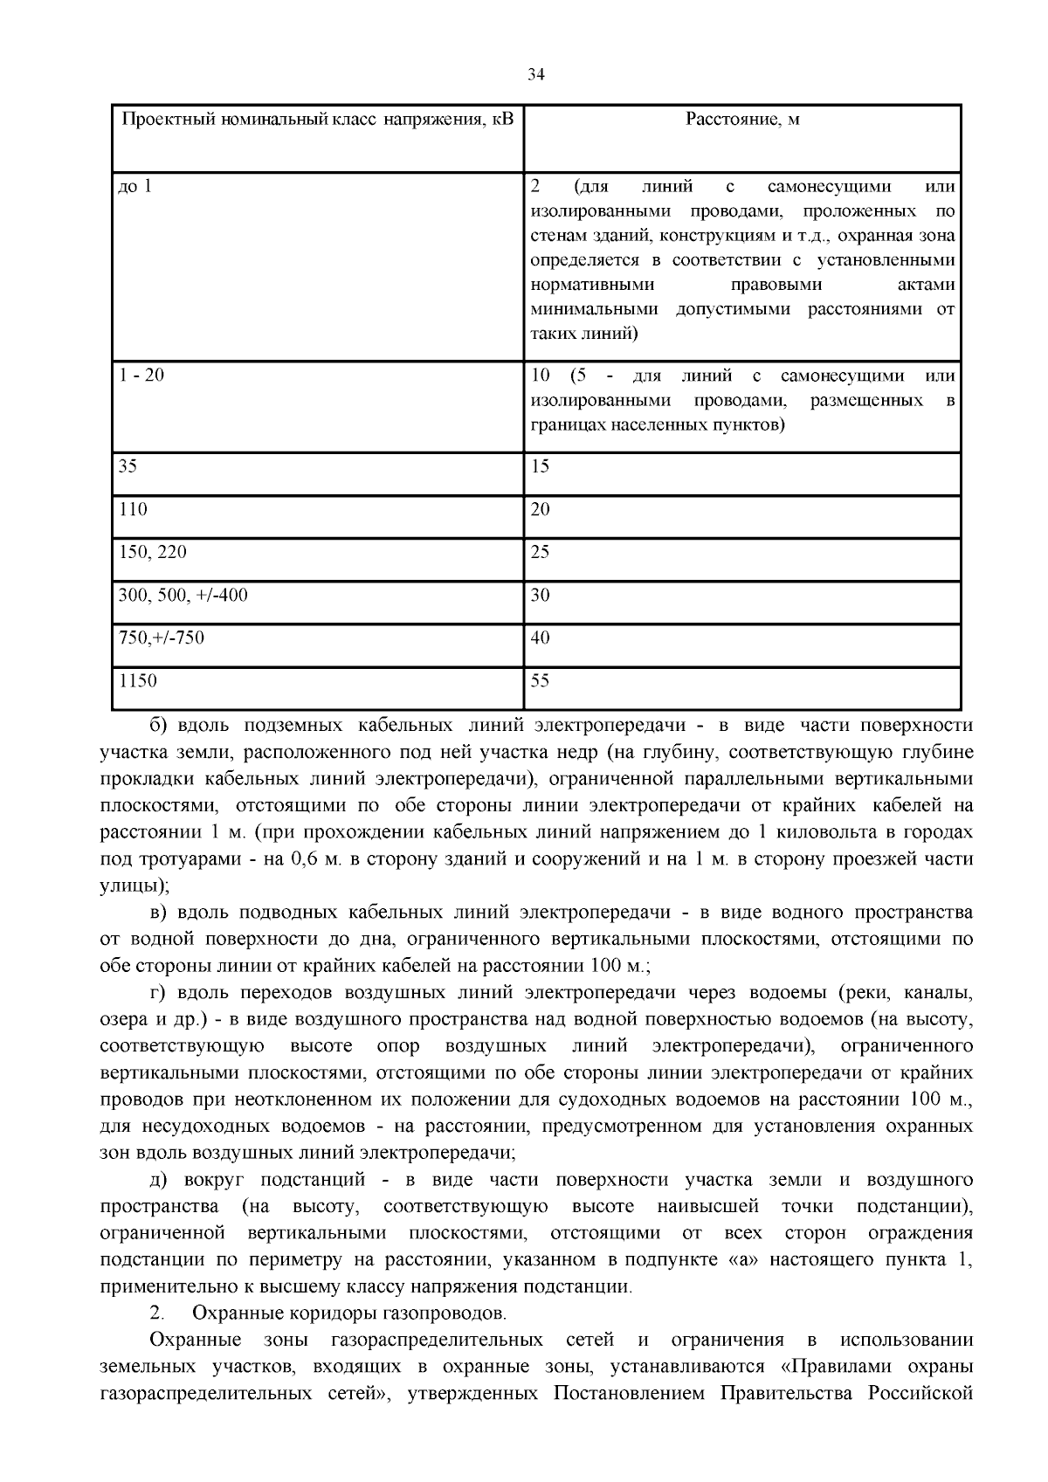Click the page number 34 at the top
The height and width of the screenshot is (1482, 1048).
click(x=536, y=75)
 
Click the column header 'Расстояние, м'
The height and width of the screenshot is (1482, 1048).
click(x=742, y=119)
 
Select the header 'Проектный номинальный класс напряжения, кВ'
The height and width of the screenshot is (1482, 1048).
click(x=317, y=119)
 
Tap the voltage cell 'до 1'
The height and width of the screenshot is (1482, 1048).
click(x=134, y=186)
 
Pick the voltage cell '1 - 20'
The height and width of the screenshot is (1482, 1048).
click(x=141, y=376)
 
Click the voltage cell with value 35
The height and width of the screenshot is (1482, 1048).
click(x=128, y=465)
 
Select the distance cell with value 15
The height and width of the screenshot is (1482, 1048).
click(x=541, y=465)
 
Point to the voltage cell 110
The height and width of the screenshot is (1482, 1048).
click(x=133, y=508)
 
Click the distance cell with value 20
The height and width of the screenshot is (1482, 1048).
click(x=541, y=508)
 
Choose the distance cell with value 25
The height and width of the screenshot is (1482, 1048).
click(x=541, y=552)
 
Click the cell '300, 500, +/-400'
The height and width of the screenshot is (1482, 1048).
click(x=183, y=595)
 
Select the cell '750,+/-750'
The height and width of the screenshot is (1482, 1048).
click(x=161, y=638)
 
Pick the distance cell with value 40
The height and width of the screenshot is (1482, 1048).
click(x=541, y=638)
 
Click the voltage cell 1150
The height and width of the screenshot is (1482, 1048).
click(x=138, y=680)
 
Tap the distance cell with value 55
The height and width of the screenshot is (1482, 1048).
click(x=541, y=680)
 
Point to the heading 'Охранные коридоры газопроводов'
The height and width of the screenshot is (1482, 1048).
click(x=348, y=1313)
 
